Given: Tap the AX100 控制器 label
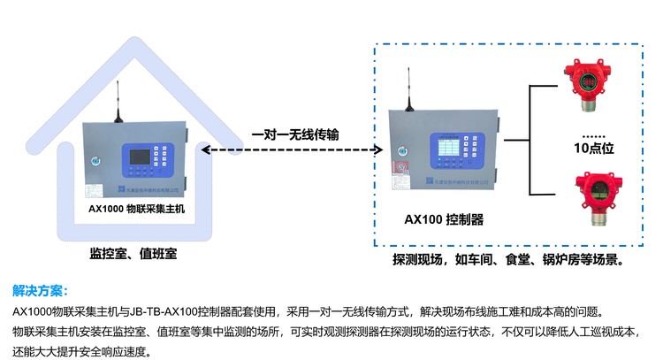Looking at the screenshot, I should [x=443, y=218].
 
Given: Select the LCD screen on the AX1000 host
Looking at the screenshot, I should [x=141, y=160].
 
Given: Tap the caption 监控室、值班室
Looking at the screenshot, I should [x=133, y=255].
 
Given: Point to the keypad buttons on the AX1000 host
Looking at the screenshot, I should [x=165, y=159].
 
